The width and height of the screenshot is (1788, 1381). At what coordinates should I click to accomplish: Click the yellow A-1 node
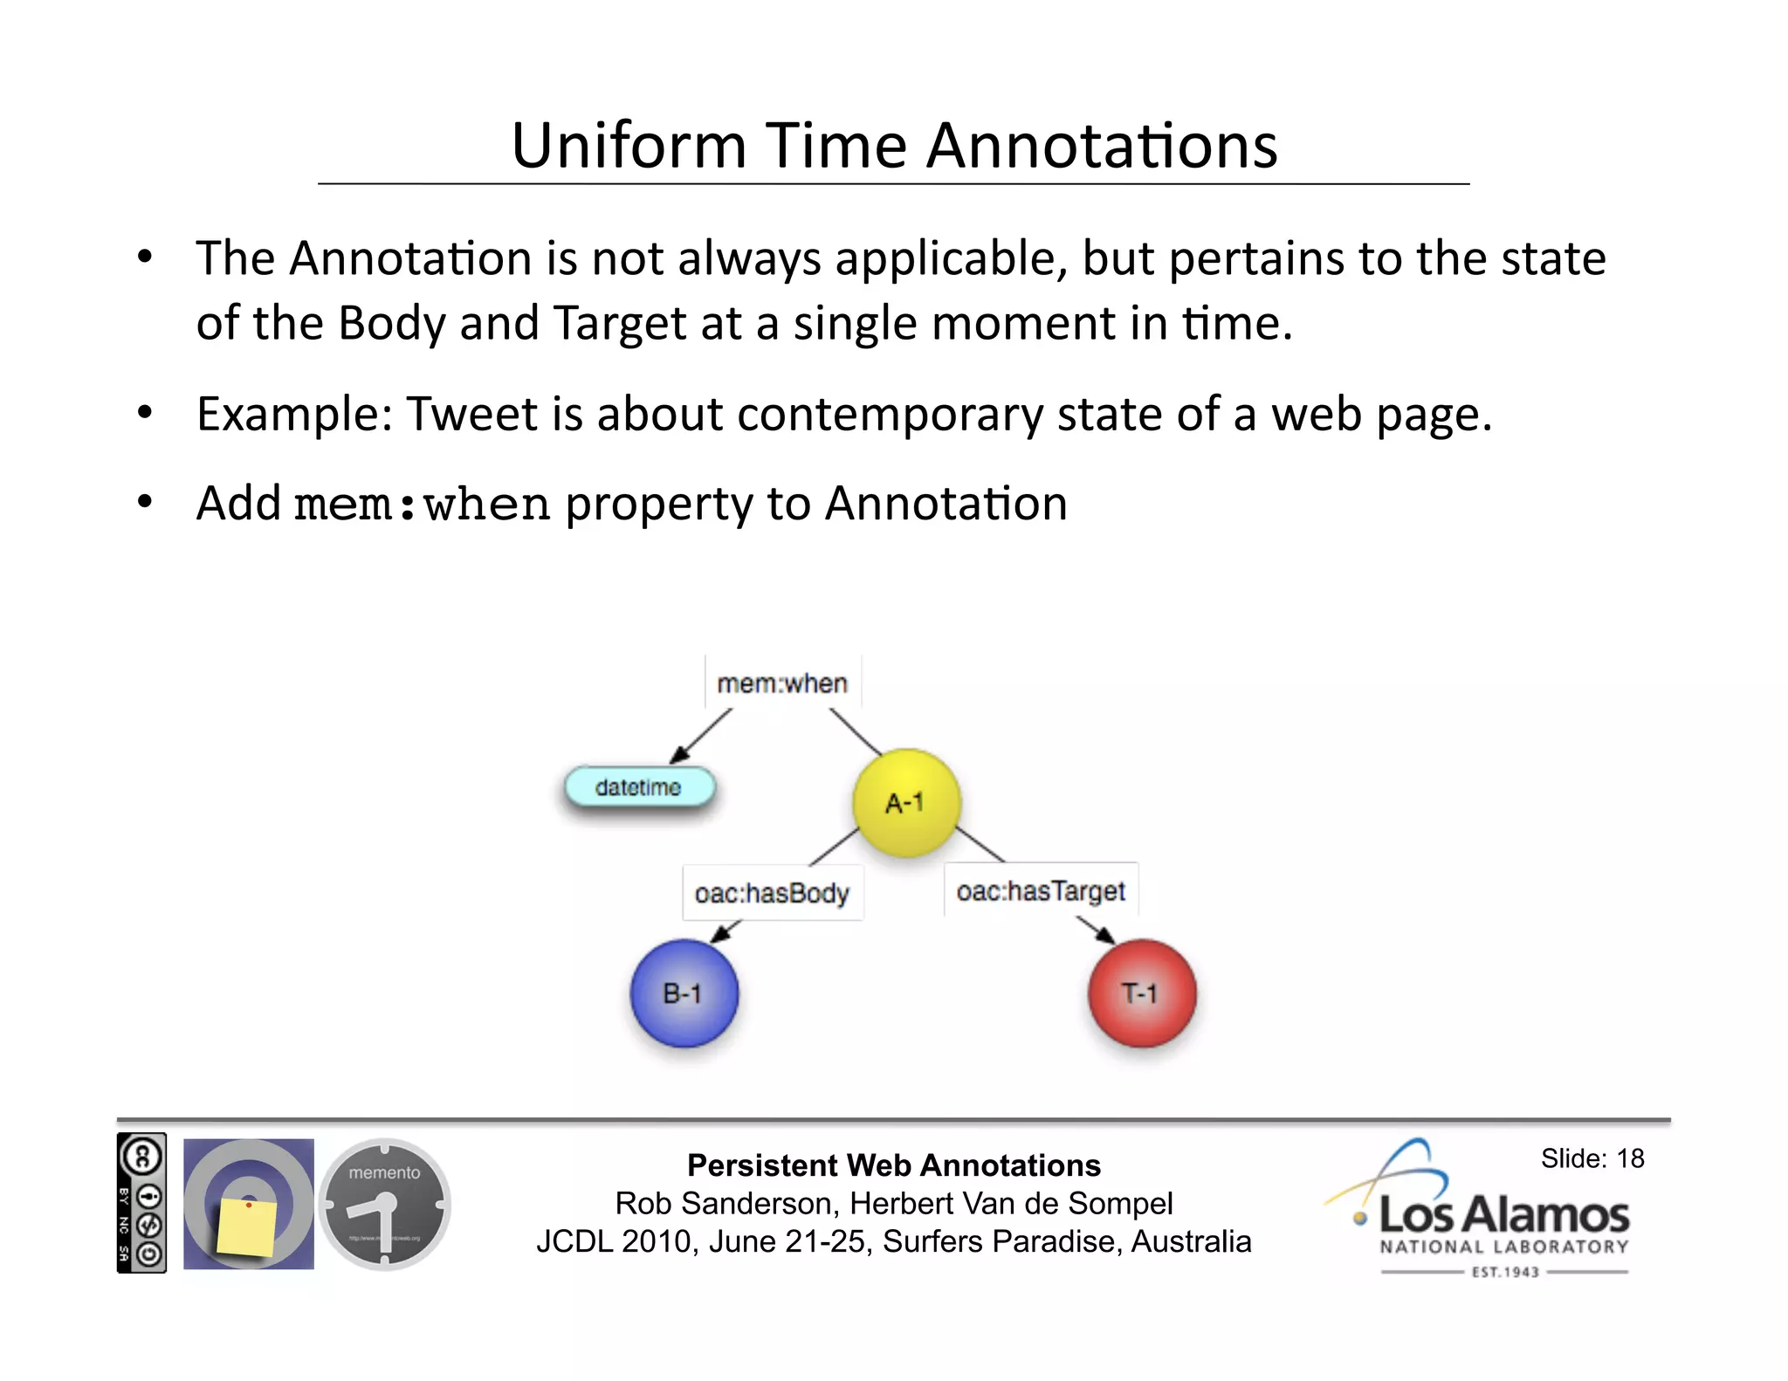[906, 802]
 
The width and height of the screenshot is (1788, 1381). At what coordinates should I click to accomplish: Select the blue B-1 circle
[684, 993]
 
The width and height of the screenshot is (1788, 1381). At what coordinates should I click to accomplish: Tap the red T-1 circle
[1141, 993]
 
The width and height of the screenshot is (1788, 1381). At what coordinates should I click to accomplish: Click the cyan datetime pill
[639, 787]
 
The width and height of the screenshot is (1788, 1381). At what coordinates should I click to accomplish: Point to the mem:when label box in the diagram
[782, 683]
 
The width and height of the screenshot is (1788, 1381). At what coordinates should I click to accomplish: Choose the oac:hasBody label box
[772, 893]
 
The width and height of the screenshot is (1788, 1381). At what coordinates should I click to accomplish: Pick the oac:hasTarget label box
[1041, 890]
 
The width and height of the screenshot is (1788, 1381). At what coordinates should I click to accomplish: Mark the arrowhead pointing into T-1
[1105, 935]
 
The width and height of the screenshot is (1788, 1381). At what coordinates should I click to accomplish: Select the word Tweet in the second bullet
[471, 414]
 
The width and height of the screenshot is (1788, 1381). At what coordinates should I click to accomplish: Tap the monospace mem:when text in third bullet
[422, 505]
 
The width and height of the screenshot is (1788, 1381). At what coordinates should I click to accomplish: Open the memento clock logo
[384, 1205]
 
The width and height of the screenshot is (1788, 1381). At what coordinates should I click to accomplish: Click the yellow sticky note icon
[247, 1226]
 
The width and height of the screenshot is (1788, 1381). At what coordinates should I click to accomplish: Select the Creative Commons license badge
[141, 1203]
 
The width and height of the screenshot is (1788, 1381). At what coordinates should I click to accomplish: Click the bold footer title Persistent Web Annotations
[893, 1165]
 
